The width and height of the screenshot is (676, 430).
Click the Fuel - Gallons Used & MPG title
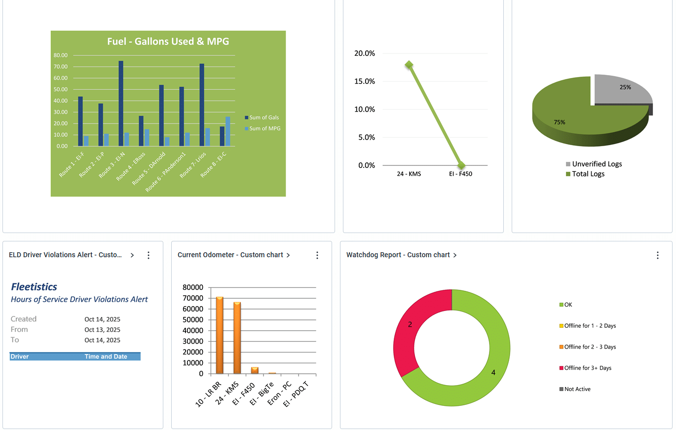point(168,41)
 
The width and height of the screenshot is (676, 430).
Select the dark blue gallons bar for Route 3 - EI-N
point(121,104)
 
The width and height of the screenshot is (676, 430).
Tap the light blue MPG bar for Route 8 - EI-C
point(228,131)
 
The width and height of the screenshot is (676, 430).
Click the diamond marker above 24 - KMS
point(409,65)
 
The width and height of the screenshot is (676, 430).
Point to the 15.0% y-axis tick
point(365,81)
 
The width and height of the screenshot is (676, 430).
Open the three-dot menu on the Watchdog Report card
point(657,255)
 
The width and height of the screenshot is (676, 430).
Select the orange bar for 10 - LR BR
point(220,336)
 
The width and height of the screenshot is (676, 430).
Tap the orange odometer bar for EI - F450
point(255,370)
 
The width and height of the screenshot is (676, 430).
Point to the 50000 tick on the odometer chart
point(192,320)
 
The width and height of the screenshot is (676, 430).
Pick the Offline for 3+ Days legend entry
point(587,368)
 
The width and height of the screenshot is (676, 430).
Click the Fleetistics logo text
point(34,287)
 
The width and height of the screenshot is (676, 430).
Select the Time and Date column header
point(106,356)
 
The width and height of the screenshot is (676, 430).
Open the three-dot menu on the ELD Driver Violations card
point(149,255)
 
